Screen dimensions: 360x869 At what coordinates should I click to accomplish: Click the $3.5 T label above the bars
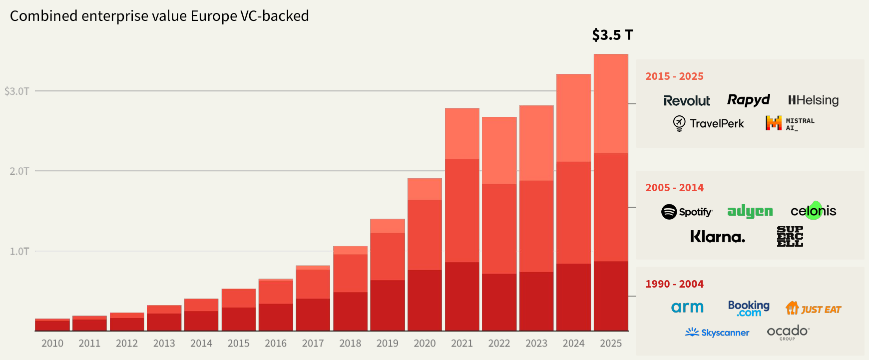pos(612,35)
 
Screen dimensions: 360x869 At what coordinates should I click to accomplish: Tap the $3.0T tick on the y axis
pos(17,91)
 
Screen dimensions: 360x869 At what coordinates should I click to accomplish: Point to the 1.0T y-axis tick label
pos(19,251)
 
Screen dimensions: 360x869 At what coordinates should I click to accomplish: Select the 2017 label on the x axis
pos(313,344)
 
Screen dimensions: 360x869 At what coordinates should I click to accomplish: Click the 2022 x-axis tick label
pos(499,344)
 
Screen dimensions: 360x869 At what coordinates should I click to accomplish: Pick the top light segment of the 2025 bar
pos(611,103)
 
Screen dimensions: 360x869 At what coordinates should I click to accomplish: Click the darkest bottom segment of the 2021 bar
pos(462,296)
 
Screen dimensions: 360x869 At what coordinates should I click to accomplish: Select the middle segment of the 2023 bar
pos(536,226)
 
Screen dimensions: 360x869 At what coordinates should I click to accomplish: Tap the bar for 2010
pos(52,325)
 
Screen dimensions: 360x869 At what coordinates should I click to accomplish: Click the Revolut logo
pos(687,101)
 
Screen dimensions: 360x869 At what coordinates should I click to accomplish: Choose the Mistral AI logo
pos(790,123)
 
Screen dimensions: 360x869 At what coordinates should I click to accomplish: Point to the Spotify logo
pos(687,212)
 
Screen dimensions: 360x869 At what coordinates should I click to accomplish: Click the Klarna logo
pos(717,237)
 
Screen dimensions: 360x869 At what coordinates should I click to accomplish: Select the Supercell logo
pos(790,237)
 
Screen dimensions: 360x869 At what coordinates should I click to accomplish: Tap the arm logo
pos(687,308)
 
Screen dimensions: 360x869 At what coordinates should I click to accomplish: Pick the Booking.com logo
pos(749,309)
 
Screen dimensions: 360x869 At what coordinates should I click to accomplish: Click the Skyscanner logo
pos(717,333)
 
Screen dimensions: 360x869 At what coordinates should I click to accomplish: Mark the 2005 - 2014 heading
pos(674,188)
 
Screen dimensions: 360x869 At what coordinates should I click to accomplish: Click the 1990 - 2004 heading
pos(674,284)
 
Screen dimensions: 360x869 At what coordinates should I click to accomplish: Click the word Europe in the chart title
pos(214,16)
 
